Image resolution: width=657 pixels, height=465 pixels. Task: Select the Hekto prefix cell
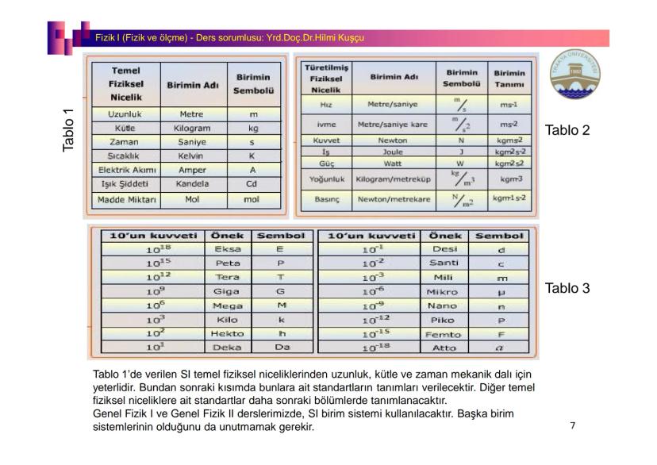(228, 334)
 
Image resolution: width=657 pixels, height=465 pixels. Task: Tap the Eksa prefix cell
(228, 250)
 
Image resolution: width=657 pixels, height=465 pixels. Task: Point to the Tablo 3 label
(566, 289)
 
